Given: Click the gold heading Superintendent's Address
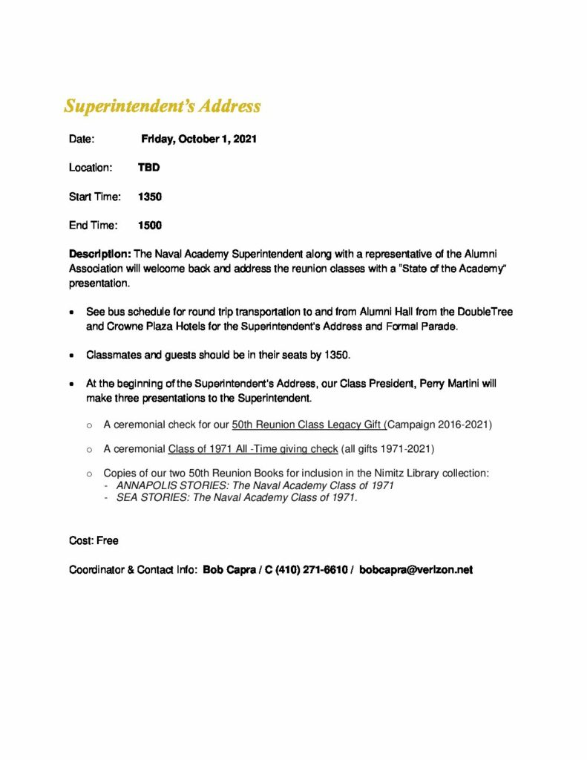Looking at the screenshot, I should (163, 106).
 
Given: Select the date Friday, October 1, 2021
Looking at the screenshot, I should (199, 139).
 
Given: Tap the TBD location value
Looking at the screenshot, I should (148, 168).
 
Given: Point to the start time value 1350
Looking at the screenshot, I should (150, 197).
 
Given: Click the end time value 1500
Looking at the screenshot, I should (150, 226).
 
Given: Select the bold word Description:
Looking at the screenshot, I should (100, 255).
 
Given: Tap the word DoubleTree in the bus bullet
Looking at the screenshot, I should (485, 312).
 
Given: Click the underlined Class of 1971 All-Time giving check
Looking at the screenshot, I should (253, 449).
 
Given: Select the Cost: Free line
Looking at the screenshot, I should (94, 541).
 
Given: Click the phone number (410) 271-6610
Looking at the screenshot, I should (314, 570).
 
